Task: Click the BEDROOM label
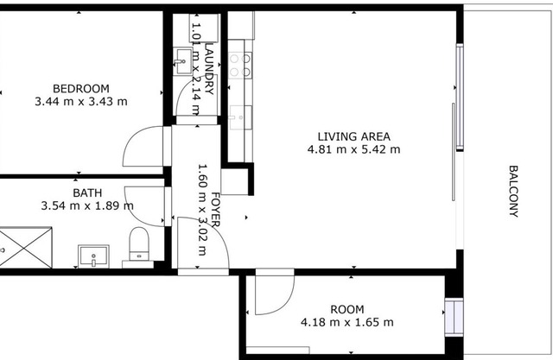coord(80,88)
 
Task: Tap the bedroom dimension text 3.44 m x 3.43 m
coord(81,102)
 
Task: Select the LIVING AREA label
coord(353,136)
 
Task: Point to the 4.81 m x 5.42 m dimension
coord(353,149)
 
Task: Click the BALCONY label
coord(513,192)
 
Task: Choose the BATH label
coord(87,193)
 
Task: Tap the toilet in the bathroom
coord(139,244)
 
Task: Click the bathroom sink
coord(93,256)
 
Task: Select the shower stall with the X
coord(25,247)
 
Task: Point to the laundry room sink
coord(183,61)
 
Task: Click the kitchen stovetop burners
coord(240,65)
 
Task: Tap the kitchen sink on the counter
coord(240,117)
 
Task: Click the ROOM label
coord(347,310)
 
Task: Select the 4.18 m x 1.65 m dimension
coord(347,322)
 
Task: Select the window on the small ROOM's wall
coord(454,317)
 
